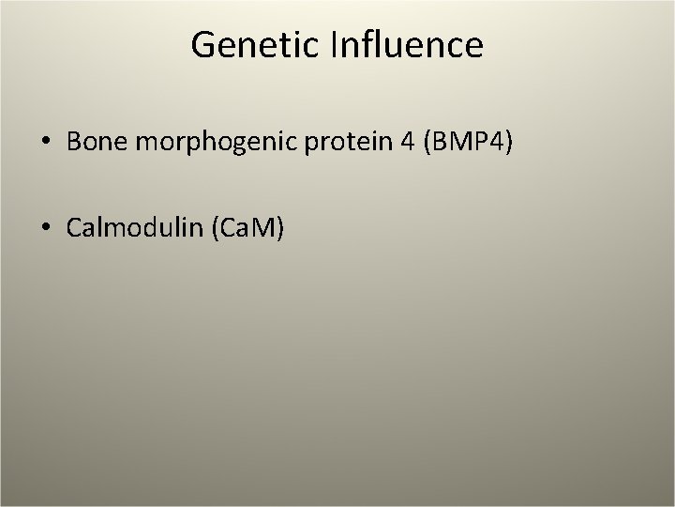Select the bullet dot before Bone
pos(46,143)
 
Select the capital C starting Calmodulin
pos(74,229)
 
